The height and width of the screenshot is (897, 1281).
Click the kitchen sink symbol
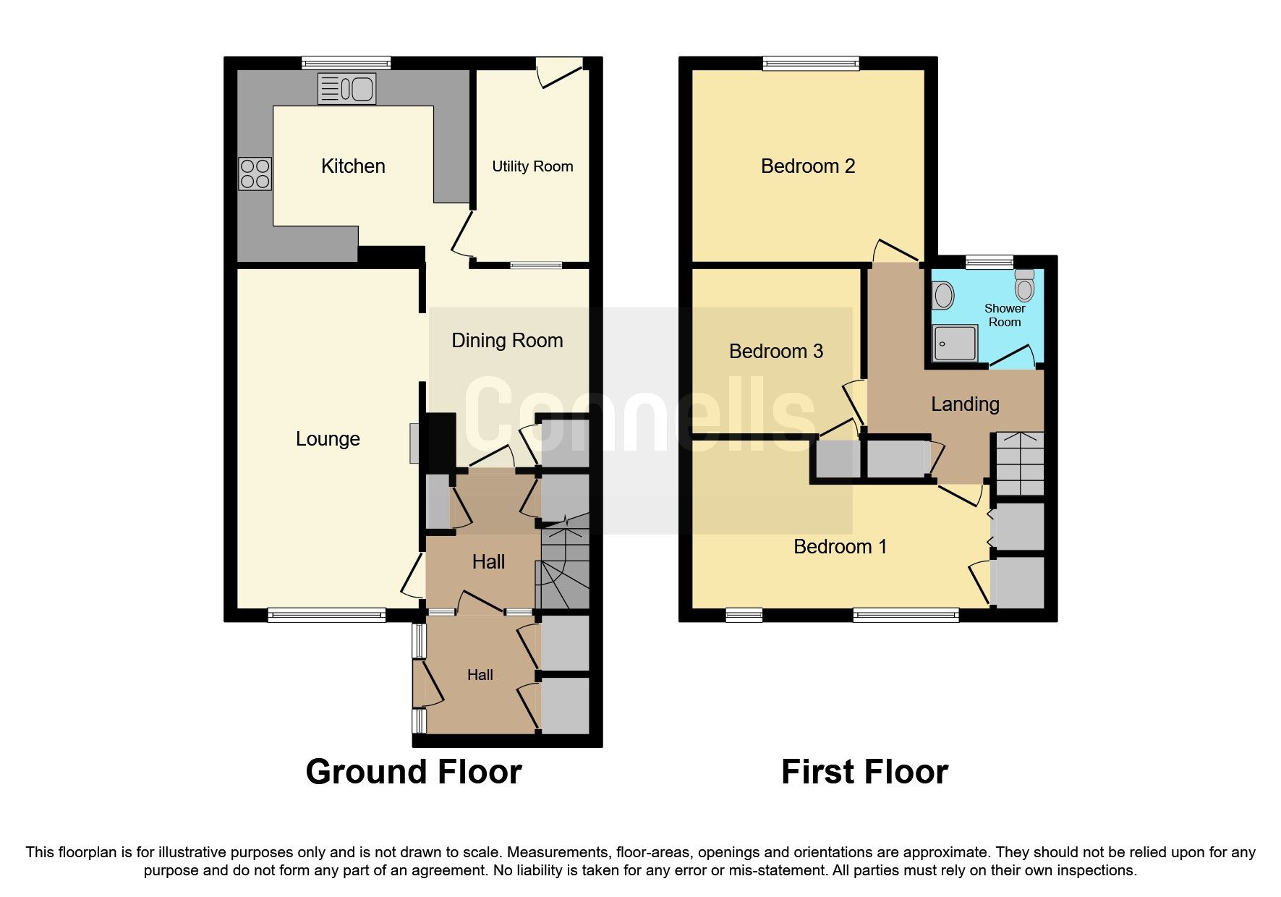point(346,89)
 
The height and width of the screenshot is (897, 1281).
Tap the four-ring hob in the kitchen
point(255,174)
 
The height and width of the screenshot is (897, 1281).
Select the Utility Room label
point(532,166)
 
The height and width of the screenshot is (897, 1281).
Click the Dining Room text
point(507,341)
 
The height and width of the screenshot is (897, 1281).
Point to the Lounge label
point(328,439)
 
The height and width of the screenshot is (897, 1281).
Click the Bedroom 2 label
point(808,166)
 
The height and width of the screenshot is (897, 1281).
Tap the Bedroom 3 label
point(775,352)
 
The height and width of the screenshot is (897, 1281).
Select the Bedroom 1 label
point(840,547)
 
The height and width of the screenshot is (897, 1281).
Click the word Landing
point(965,404)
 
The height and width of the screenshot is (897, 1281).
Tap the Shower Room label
point(1004,315)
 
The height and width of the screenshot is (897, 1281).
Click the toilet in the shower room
point(1024,286)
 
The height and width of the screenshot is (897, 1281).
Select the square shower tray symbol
point(955,343)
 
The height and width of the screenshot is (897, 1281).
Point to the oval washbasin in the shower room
point(943,295)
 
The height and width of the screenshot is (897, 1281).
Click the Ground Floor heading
point(414,772)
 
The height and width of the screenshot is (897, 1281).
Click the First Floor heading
point(864,772)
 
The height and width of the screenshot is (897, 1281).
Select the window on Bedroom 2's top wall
point(811,64)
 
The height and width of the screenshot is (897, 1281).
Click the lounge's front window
point(326,615)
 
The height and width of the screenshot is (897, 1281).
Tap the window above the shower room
point(989,262)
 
